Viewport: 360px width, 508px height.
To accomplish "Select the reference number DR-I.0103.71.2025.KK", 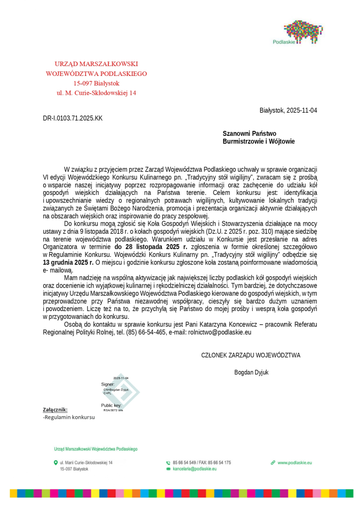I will click(73, 118).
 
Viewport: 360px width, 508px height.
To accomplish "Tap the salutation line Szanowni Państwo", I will click(249, 133).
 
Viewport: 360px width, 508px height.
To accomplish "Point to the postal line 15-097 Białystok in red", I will click(96, 83).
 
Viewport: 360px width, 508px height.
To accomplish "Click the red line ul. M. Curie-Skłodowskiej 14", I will click(96, 92).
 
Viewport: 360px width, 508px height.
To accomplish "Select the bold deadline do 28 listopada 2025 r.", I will click(151, 247).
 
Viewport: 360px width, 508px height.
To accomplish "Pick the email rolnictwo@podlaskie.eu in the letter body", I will click(219, 332).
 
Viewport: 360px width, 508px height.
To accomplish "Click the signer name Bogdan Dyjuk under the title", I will click(251, 372).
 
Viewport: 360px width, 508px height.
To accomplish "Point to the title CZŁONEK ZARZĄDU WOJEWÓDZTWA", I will click(250, 355).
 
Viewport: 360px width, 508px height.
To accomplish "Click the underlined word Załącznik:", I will click(55, 410).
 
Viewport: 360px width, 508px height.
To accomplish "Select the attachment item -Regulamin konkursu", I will click(69, 417).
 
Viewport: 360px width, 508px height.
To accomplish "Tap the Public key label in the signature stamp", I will click(111, 405).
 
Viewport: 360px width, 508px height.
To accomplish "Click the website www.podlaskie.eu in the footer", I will click(294, 462).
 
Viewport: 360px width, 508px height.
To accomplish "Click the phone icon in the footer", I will click(168, 463).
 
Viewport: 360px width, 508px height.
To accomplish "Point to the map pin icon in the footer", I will click(56, 462).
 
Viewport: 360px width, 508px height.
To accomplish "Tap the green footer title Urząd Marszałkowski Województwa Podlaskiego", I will click(95, 449).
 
